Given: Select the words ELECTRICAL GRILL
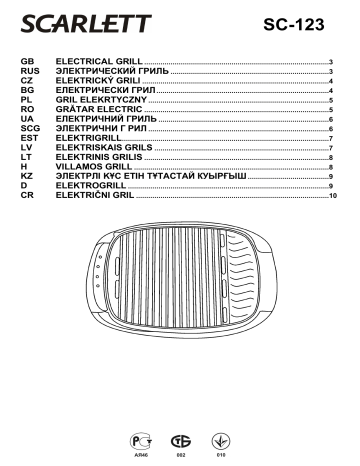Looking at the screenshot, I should coord(99,62).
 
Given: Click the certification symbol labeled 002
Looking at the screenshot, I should coord(180,441).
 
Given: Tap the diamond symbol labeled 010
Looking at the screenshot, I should coord(222,441).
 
